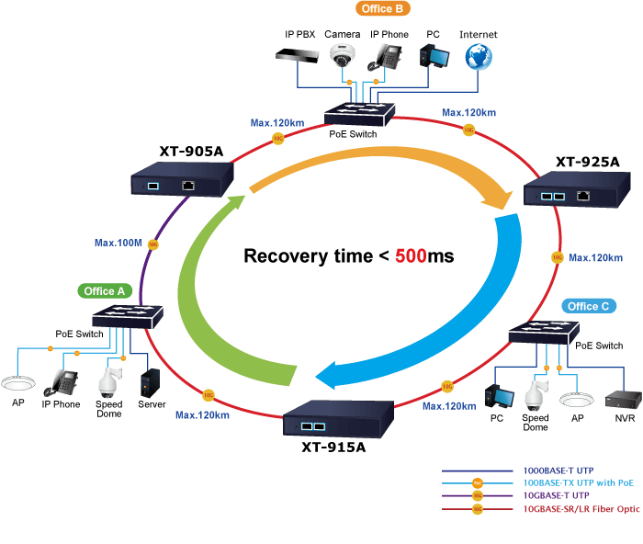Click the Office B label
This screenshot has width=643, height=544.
click(383, 8)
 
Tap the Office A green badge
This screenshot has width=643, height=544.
click(105, 291)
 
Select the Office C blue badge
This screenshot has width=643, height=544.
click(589, 306)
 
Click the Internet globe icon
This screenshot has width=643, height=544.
click(479, 57)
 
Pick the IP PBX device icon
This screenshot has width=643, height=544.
click(298, 55)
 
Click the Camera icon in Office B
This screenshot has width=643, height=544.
click(343, 56)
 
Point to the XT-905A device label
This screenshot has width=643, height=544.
click(191, 152)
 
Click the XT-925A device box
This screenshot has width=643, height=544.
click(577, 189)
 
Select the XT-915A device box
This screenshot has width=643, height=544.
click(338, 418)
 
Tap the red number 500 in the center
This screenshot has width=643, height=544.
click(411, 255)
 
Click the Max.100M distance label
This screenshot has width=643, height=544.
click(118, 243)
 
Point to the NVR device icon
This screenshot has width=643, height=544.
click(624, 400)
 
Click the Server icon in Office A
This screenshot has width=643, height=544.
click(150, 383)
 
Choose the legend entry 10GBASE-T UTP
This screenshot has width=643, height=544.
click(556, 495)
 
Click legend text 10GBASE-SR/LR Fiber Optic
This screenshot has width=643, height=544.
click(581, 509)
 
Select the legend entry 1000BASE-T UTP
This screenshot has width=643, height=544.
click(558, 470)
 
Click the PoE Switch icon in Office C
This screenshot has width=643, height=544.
click(544, 333)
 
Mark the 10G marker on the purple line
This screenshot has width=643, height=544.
click(153, 244)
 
